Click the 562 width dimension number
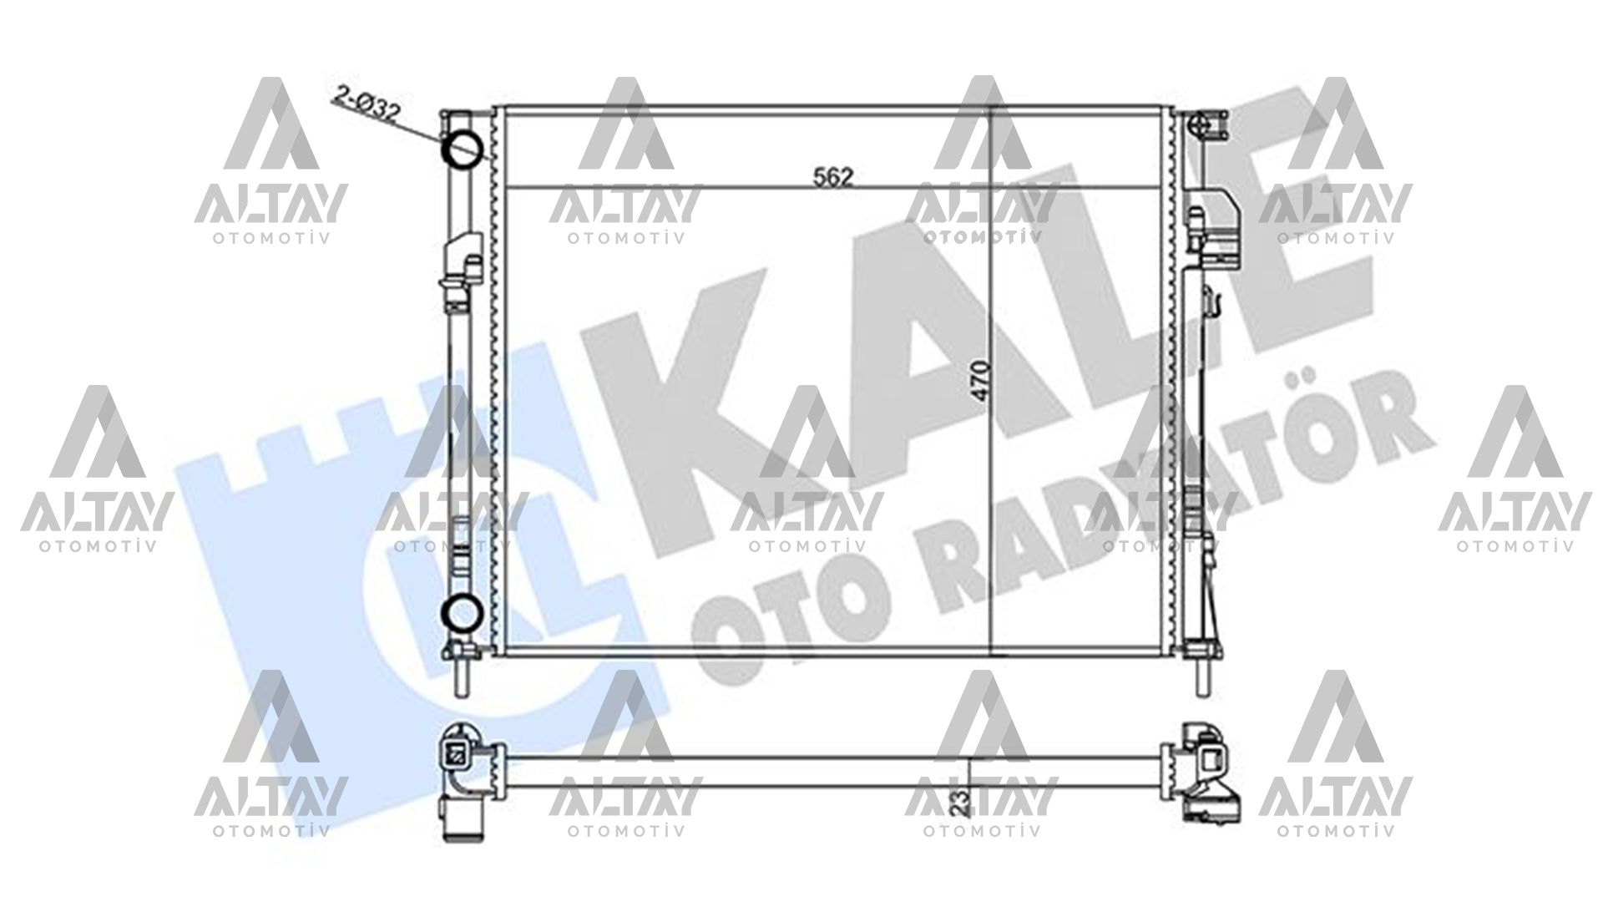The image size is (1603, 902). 832,176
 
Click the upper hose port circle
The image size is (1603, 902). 462,148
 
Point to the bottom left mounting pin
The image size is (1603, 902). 461,676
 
